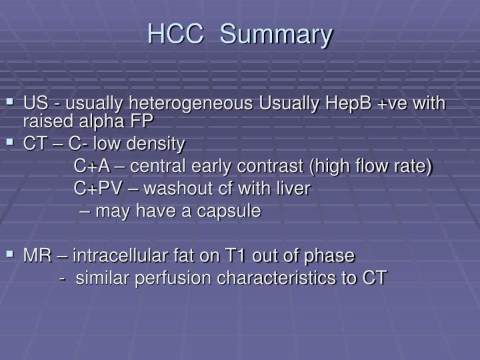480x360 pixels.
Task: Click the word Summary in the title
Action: (x=276, y=35)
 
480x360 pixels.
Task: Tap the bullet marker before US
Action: (x=10, y=103)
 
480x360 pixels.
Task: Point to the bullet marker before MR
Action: (x=10, y=253)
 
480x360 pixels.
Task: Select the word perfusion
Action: (x=167, y=278)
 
